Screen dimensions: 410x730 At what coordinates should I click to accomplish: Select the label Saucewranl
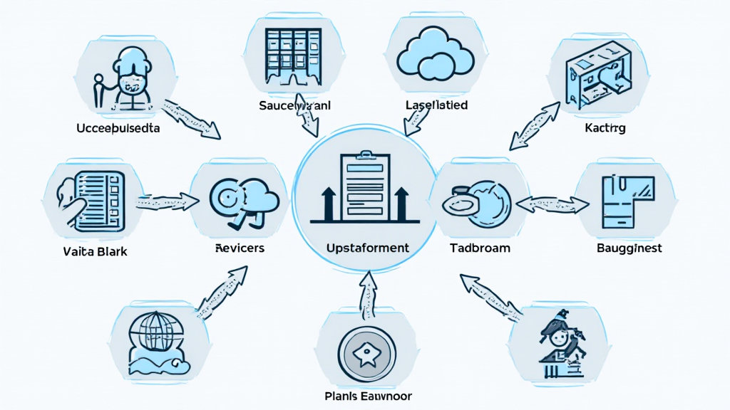coord(296,105)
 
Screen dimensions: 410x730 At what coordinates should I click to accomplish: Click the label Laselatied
coord(436,105)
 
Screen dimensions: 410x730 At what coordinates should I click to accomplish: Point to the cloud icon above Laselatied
coord(434,53)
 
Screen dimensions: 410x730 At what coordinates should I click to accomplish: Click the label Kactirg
coord(605,129)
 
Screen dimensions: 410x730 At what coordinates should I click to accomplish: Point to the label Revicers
coord(240,248)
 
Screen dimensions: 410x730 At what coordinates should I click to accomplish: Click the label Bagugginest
coord(629,248)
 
